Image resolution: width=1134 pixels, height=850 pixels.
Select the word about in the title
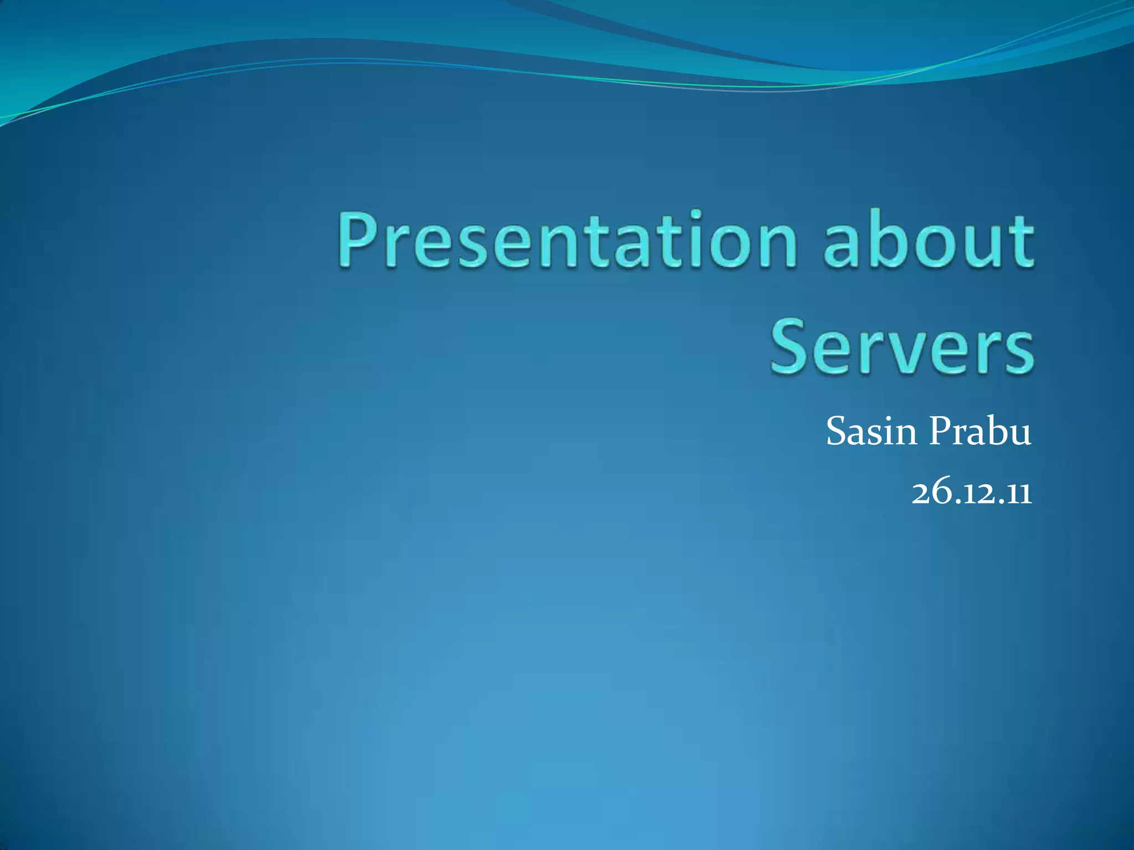pyautogui.click(x=928, y=239)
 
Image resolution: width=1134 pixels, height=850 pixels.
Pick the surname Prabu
pyautogui.click(x=980, y=432)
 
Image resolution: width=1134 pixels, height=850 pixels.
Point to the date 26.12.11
pyautogui.click(x=972, y=492)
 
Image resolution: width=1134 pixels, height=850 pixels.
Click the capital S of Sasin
pyautogui.click(x=837, y=432)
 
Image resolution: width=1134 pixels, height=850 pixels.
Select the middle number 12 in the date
pyautogui.click(x=973, y=492)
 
